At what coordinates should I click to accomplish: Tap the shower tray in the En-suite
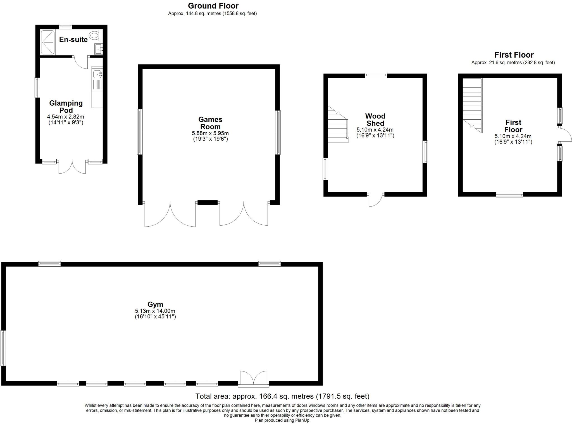tap(48, 42)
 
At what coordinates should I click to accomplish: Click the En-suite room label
tap(73, 40)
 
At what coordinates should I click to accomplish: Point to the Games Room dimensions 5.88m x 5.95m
tap(210, 134)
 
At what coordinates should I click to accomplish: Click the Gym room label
tap(155, 304)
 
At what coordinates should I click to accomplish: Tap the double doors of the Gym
tap(253, 378)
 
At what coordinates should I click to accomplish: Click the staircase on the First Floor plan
tap(472, 105)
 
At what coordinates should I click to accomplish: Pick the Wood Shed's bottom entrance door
tap(376, 199)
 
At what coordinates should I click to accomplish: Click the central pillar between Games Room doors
tap(207, 202)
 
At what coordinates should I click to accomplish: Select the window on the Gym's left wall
tap(3, 348)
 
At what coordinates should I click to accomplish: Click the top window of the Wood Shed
tap(376, 75)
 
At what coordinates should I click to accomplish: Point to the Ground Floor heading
tap(213, 6)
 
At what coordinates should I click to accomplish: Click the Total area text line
tap(282, 396)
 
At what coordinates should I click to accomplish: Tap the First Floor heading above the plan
tap(514, 55)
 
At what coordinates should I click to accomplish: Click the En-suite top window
tap(66, 27)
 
